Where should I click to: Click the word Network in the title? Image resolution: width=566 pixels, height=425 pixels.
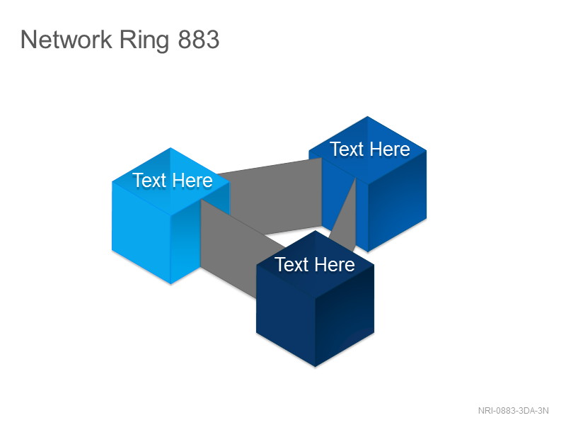[x=67, y=40]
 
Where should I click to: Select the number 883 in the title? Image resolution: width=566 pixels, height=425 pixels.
[x=199, y=40]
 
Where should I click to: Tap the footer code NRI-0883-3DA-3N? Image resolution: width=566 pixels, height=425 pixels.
[x=514, y=411]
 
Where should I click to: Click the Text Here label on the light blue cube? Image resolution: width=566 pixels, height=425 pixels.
[x=173, y=181]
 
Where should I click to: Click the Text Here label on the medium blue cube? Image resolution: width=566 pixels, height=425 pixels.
[x=370, y=149]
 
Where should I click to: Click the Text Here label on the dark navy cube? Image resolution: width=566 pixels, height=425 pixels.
[x=315, y=264]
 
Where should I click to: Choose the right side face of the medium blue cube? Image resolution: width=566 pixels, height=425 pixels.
[x=397, y=200]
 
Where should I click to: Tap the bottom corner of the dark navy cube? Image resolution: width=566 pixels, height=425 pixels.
[x=315, y=366]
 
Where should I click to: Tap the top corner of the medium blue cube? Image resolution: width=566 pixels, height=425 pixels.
[x=367, y=116]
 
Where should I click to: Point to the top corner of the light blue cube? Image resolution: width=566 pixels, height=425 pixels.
[x=171, y=148]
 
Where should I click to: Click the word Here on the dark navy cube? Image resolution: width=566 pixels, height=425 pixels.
[x=335, y=264]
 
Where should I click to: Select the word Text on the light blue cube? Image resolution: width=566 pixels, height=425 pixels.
[x=149, y=181]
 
